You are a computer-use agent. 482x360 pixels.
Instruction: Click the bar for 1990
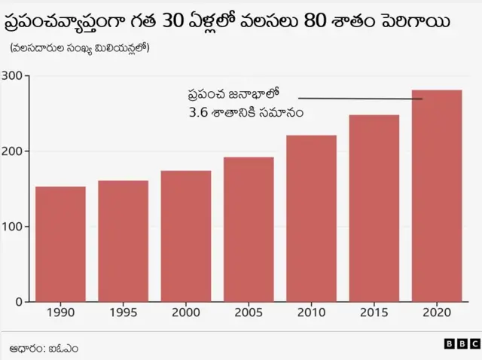coord(60,244)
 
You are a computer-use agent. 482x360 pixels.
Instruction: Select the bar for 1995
coord(123,241)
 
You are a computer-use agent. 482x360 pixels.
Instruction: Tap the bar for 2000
coord(185,236)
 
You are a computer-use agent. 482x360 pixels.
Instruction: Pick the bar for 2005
coord(249,229)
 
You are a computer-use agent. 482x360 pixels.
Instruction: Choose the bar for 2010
coord(311,218)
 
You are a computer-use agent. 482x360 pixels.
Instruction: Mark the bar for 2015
coord(374,208)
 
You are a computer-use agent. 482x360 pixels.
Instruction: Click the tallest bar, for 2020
coord(437,196)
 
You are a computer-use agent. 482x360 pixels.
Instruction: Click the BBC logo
coord(457,343)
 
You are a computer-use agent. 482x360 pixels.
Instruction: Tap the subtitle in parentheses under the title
coord(79,49)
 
